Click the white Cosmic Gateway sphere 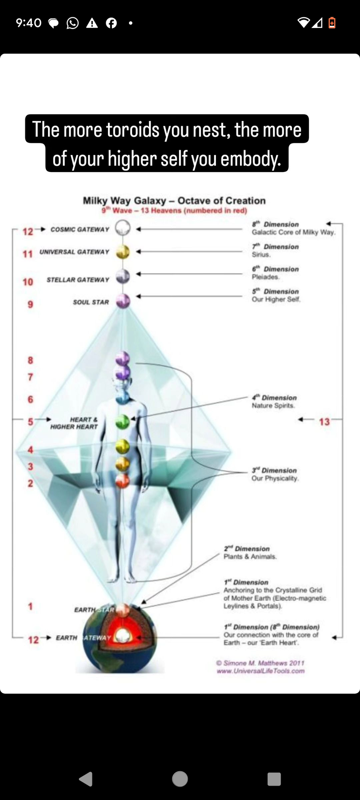tap(123, 228)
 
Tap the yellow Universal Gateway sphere tap(123, 252)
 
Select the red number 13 tap(324, 421)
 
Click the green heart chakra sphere tap(123, 421)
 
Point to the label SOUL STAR tap(91, 302)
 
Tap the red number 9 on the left tap(30, 304)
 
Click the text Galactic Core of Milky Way tap(293, 232)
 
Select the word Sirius tap(261, 255)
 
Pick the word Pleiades tap(265, 277)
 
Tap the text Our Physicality tap(275, 478)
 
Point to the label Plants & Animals tap(250, 556)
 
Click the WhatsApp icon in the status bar tap(72, 23)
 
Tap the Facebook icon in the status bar tap(111, 23)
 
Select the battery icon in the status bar tap(332, 23)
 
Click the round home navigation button tap(180, 779)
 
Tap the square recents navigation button tap(274, 779)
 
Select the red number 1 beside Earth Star tap(30, 606)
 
